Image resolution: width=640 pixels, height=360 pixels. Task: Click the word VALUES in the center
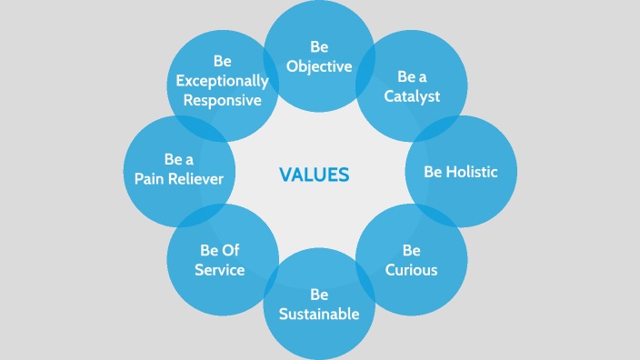(314, 175)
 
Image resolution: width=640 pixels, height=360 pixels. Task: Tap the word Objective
(319, 65)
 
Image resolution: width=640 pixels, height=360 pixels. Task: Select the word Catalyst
(411, 96)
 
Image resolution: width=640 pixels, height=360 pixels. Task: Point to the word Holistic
(473, 171)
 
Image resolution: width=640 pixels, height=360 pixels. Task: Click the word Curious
(411, 270)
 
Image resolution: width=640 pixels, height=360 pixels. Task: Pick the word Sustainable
(319, 315)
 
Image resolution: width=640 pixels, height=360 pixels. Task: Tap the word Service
(220, 270)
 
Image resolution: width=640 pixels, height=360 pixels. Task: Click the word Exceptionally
(223, 81)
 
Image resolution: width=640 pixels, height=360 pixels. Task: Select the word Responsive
(223, 100)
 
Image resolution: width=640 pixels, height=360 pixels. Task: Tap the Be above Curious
(411, 250)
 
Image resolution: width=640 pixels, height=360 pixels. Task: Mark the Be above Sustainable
(319, 295)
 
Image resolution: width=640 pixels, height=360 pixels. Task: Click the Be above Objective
(319, 46)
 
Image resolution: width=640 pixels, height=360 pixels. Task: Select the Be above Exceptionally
(223, 61)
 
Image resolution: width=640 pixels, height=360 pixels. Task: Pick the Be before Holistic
(435, 171)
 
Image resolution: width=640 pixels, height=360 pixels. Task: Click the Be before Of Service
(209, 250)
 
